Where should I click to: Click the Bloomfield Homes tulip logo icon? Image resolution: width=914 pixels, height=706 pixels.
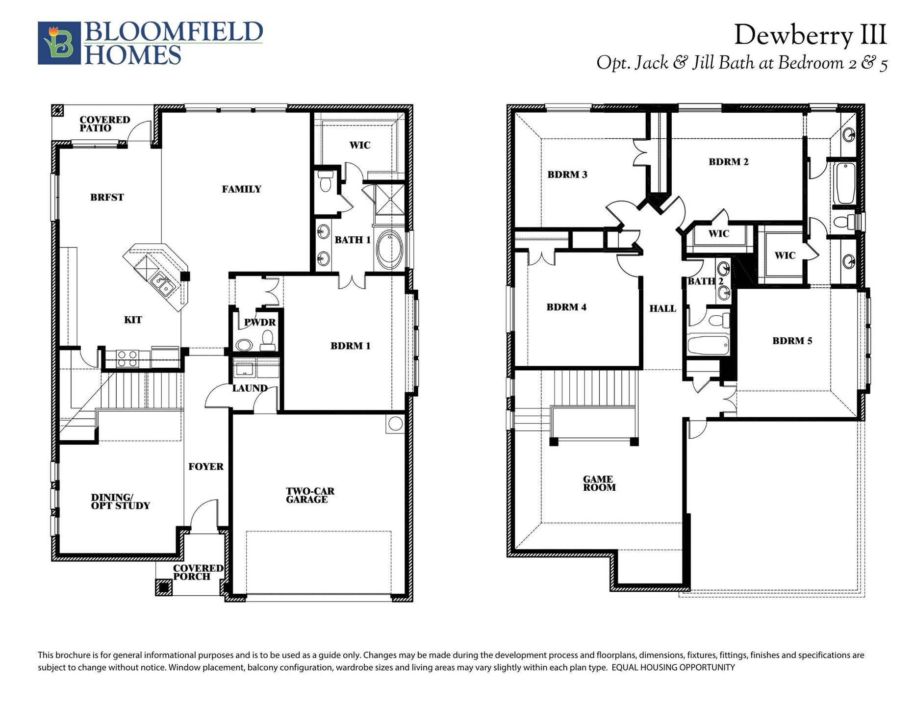coord(59,43)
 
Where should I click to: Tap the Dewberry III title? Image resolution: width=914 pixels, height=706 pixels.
coord(810,35)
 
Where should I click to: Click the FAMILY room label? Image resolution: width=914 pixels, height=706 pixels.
coord(241,189)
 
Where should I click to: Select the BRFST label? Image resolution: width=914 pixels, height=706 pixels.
coord(107,197)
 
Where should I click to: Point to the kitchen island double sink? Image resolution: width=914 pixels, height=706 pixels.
coord(161,284)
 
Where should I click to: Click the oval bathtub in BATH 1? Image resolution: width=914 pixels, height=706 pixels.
coord(389,250)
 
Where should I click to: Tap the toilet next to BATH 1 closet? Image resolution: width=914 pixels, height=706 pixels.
coord(325,182)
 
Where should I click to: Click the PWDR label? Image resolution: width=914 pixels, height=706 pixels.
coord(260,322)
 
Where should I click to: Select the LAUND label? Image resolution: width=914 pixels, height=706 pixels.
coord(250,388)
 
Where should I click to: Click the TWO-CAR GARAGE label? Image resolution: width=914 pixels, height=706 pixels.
coord(310,495)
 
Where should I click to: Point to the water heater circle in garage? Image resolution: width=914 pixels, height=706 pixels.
coord(395,423)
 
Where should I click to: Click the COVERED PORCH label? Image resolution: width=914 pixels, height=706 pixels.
coord(198,572)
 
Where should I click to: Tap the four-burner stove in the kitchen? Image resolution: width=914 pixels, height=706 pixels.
coord(127,358)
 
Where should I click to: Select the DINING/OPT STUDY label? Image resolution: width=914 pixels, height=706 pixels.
coord(120,501)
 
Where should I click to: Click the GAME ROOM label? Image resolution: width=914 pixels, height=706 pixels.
coord(599,483)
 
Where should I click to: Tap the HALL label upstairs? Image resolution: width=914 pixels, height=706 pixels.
coord(662,308)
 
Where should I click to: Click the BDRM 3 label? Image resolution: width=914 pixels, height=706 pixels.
coord(567,174)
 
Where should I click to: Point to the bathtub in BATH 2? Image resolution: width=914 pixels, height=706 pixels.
coord(708,345)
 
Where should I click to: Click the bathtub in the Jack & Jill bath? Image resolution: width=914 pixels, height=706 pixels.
coord(845,183)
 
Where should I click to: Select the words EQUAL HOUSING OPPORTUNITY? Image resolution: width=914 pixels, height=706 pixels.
coord(673,667)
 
